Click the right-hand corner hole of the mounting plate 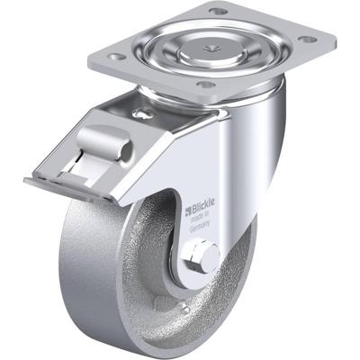click(x=306, y=39)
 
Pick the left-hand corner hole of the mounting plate click(x=114, y=55)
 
